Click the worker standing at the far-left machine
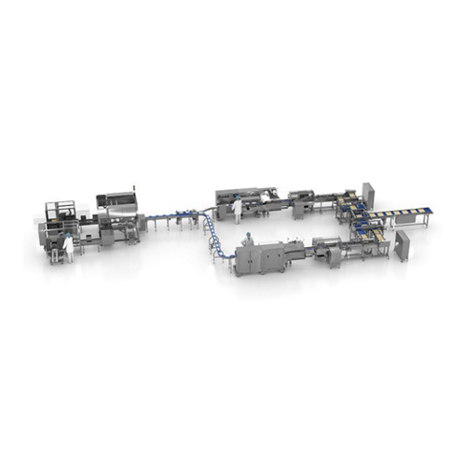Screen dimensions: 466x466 pos(67,246)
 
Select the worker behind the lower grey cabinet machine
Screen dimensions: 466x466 pos(248,244)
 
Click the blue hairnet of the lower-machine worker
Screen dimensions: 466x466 pos(248,237)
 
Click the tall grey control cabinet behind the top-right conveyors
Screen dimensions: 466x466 pos(368,196)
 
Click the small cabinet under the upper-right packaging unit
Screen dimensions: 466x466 pos(299,211)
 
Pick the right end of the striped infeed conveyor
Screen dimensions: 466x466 pos(428,212)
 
